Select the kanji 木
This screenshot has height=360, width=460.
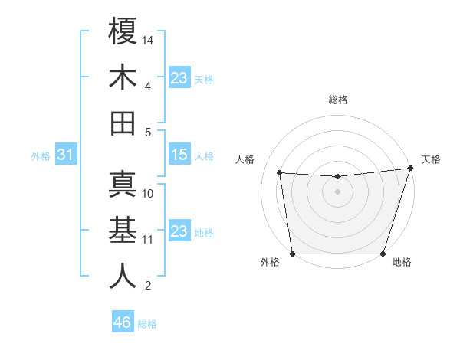(x=123, y=77)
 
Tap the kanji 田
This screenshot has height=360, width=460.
(x=123, y=123)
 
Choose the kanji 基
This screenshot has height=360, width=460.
(x=123, y=230)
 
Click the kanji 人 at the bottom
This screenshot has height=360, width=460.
(x=123, y=276)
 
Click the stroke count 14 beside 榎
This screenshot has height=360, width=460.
(x=149, y=39)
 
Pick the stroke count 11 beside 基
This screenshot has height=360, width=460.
(x=149, y=240)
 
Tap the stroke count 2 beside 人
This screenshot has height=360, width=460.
(x=148, y=286)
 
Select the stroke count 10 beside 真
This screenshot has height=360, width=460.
(x=149, y=194)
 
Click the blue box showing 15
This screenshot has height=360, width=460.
(x=179, y=155)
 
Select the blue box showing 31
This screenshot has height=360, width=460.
(x=65, y=155)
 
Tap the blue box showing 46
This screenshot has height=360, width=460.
(x=122, y=322)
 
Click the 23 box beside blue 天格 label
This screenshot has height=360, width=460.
(x=179, y=78)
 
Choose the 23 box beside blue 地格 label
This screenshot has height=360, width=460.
(x=179, y=231)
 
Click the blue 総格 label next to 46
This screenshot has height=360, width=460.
(x=147, y=324)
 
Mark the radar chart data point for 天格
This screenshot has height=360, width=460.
(x=410, y=169)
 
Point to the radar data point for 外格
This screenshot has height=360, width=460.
(x=292, y=254)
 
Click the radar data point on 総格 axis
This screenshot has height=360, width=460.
(x=337, y=177)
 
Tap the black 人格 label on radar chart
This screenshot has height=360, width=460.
(x=245, y=160)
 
